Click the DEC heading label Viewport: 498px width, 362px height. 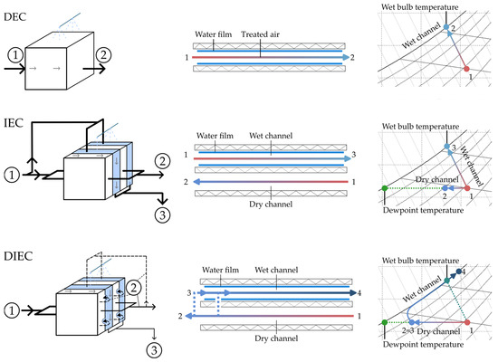(14, 16)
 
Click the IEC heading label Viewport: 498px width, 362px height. (14, 123)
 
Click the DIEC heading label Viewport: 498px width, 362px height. (18, 256)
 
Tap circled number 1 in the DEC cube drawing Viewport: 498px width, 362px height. (15, 55)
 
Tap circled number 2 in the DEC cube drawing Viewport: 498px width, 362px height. (103, 55)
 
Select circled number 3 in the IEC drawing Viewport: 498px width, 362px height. (162, 215)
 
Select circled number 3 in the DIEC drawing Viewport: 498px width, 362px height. (154, 350)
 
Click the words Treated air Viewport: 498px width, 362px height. (260, 34)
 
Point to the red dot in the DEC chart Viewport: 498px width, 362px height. (466, 69)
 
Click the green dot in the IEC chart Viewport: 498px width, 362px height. (385, 188)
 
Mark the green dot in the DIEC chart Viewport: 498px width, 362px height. (385, 322)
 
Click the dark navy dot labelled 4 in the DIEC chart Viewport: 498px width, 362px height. (459, 271)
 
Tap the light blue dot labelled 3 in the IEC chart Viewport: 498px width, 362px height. (447, 147)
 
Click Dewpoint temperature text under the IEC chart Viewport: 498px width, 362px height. (423, 210)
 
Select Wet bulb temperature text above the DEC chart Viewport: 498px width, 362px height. (419, 7)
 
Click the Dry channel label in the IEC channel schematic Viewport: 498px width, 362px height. (271, 204)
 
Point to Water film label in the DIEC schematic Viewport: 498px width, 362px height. (220, 270)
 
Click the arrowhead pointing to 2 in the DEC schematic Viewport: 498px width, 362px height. (346, 57)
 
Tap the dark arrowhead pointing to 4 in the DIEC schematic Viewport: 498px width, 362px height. (353, 293)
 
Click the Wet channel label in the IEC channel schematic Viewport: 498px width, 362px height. (271, 136)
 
